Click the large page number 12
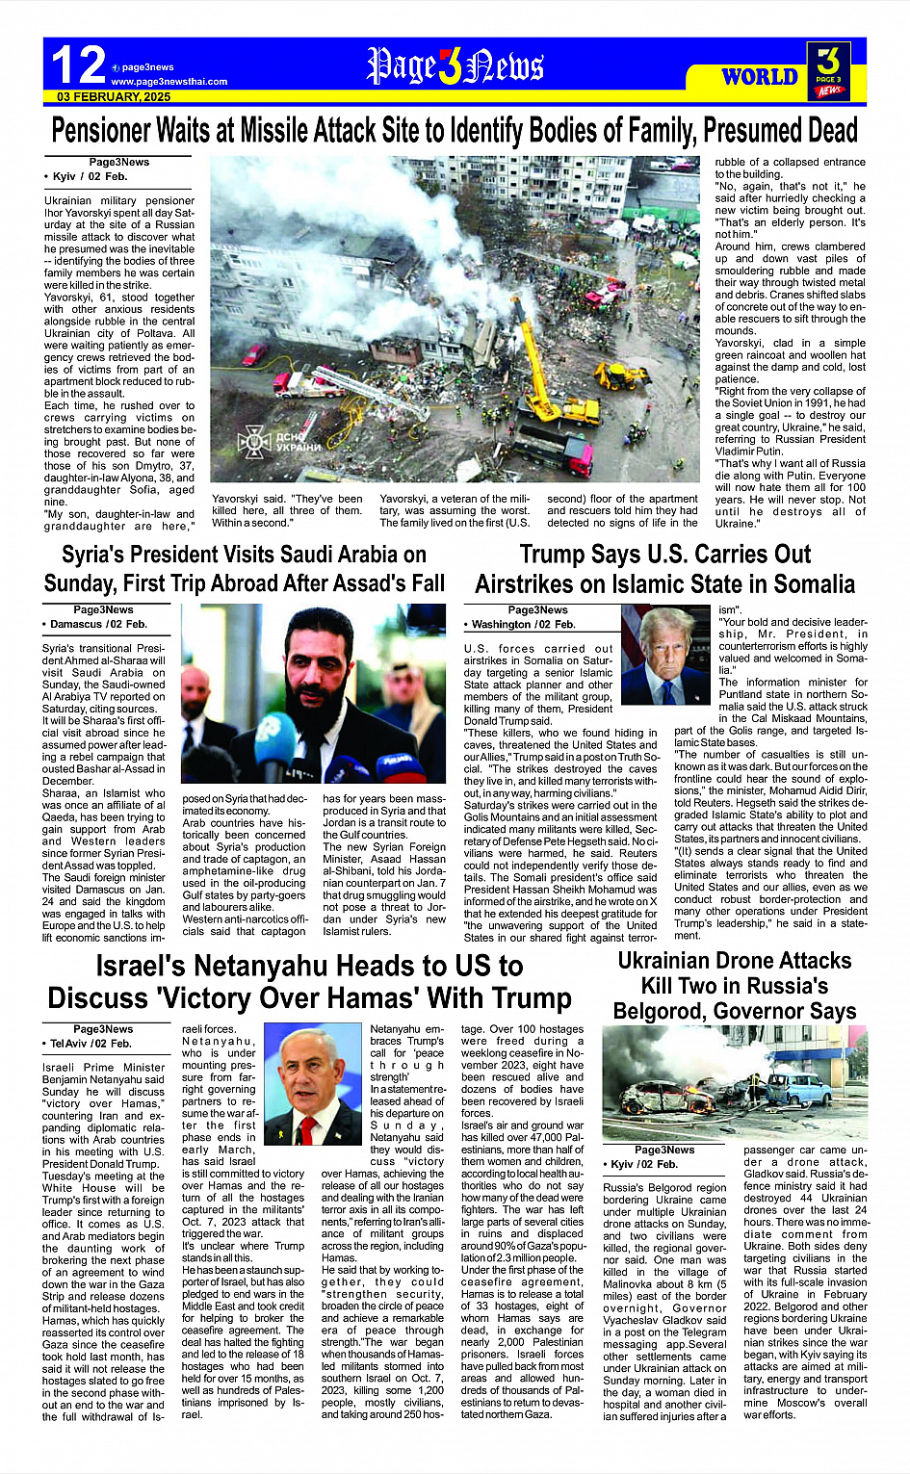[77, 65]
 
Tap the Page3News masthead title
[455, 65]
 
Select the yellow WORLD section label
[760, 77]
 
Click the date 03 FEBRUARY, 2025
[114, 96]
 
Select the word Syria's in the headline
[94, 555]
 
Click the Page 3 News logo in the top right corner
[828, 70]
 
